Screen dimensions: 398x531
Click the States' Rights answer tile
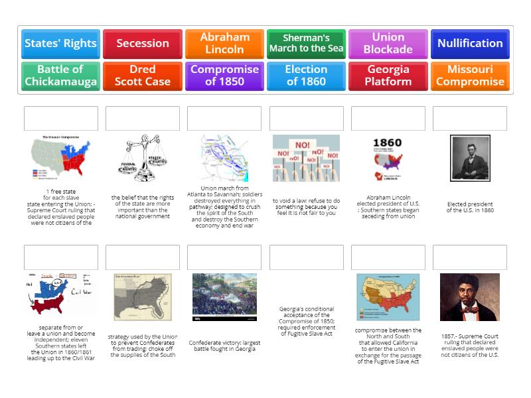60,44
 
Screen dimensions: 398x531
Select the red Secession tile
143,44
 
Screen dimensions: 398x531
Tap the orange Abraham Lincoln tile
225,44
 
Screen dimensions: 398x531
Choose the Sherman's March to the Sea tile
306,44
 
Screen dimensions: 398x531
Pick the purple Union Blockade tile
388,44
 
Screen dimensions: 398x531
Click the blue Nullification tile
470,44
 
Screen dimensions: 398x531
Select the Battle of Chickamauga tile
60,76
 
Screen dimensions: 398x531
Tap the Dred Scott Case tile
143,76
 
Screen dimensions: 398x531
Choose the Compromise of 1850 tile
225,76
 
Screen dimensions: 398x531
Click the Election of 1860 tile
306,76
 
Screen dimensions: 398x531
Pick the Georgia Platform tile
388,76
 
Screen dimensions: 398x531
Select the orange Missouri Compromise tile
470,76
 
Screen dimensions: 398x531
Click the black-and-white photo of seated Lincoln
470,158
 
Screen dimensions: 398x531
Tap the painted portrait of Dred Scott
470,297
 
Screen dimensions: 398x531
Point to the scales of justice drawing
143,158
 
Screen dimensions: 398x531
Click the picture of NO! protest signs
306,158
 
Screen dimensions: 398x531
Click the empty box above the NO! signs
307,118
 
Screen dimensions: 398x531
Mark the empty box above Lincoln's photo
470,118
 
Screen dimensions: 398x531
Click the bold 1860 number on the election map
387,143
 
